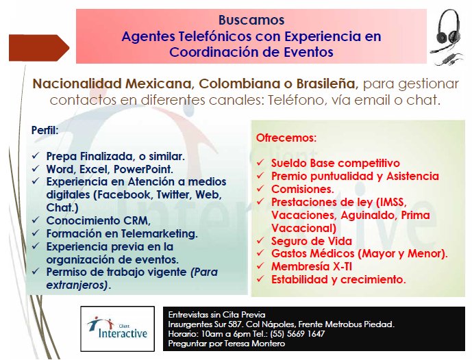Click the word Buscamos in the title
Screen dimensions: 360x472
[251, 20]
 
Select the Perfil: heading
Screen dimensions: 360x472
[45, 130]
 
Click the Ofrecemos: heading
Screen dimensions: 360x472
[286, 138]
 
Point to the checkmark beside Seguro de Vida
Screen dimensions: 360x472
[260, 242]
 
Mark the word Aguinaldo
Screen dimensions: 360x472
[357, 215]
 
